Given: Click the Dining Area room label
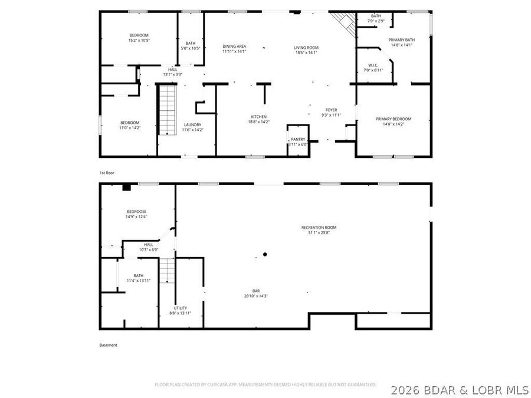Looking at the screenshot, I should pos(234,46).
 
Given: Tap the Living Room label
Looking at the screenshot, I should pos(306,47).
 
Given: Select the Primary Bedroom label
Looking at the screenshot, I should pos(393,119).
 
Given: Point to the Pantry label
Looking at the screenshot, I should pos(298,139).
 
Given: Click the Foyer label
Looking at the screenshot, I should pos(331,110).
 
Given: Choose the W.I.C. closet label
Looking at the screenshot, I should pos(373,65).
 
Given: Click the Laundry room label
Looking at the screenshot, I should pos(192,124).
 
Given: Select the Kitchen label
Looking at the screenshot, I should pos(258,117).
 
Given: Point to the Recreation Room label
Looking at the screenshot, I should pos(319,227).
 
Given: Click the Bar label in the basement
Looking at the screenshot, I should pos(256,291).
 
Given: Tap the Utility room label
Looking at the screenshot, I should pos(180,308).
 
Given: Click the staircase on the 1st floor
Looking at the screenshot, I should pos(167,110).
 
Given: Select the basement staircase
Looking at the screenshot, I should pos(168,271).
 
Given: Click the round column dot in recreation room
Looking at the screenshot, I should pos(265,254).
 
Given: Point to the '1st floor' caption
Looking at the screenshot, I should pos(106,173).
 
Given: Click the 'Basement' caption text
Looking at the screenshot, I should pos(108,345).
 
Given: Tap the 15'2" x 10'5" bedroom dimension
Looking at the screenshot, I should pos(139,41).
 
